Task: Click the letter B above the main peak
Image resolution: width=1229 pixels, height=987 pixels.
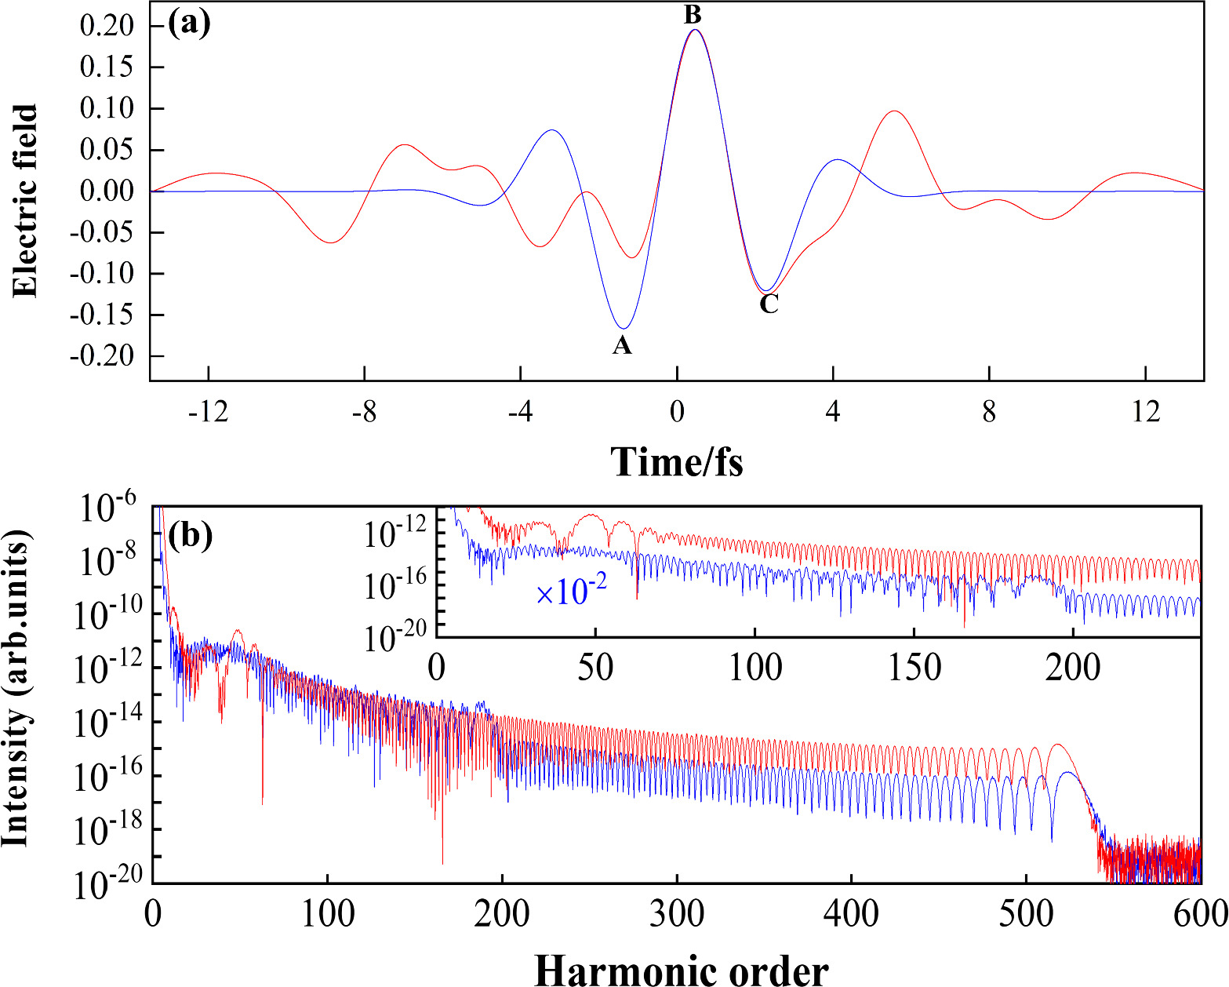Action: pyautogui.click(x=693, y=15)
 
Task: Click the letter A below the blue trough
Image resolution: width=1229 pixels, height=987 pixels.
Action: pyautogui.click(x=622, y=345)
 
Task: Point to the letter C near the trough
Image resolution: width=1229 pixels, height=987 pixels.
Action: pyautogui.click(x=769, y=304)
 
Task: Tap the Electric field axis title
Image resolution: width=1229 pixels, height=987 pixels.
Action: pyautogui.click(x=25, y=201)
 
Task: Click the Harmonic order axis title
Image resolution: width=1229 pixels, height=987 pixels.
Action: pyautogui.click(x=681, y=970)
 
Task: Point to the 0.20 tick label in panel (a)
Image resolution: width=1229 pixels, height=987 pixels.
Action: pyautogui.click(x=107, y=26)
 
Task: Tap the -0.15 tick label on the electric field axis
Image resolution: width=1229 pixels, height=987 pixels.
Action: pyautogui.click(x=102, y=315)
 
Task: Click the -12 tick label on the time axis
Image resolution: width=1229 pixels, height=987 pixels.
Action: pyautogui.click(x=209, y=411)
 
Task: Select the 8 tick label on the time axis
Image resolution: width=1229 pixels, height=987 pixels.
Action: pyautogui.click(x=989, y=411)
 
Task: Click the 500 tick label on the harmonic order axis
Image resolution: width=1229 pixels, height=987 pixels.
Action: pyautogui.click(x=1026, y=913)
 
